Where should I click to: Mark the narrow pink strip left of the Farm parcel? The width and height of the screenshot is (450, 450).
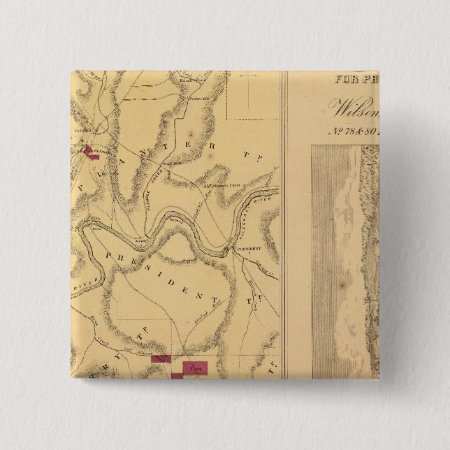click(x=161, y=358)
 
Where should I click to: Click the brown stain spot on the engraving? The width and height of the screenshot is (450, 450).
click(x=341, y=286)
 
